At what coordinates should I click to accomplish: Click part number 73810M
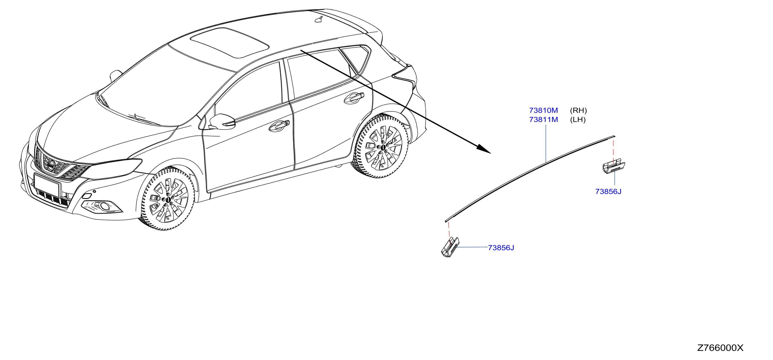543,110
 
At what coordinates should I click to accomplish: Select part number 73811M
543,120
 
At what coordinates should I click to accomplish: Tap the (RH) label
578,110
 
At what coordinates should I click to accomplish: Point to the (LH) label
578,120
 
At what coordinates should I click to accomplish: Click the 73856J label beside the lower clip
501,248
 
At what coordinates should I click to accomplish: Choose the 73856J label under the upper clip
608,192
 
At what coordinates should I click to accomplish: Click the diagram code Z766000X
720,348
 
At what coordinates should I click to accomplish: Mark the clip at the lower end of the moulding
450,247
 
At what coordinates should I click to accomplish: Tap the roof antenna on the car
319,19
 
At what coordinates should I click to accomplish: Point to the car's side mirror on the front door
222,121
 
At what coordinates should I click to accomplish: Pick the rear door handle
354,98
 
